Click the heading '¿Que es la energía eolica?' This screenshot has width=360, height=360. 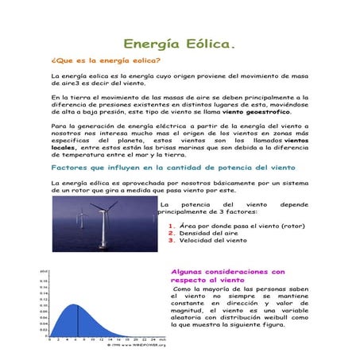point(106,60)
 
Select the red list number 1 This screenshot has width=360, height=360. point(172,226)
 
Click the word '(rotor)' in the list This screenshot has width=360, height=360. point(291,226)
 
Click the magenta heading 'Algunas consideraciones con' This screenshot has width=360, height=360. point(228,272)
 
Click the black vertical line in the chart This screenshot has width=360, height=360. point(78,321)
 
